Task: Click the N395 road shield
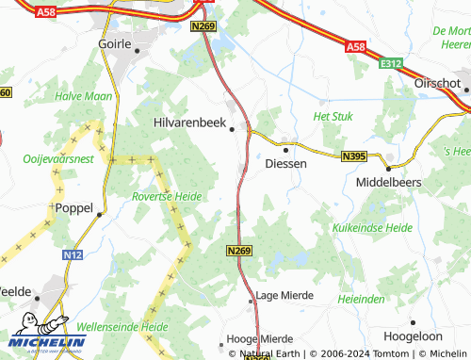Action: pos(354,155)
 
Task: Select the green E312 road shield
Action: pos(393,64)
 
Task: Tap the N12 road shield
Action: pos(73,254)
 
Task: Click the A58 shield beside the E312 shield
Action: pos(355,45)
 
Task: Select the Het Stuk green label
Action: pos(332,116)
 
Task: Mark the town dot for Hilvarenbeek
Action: pos(233,130)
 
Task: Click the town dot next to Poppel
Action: pos(100,214)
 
